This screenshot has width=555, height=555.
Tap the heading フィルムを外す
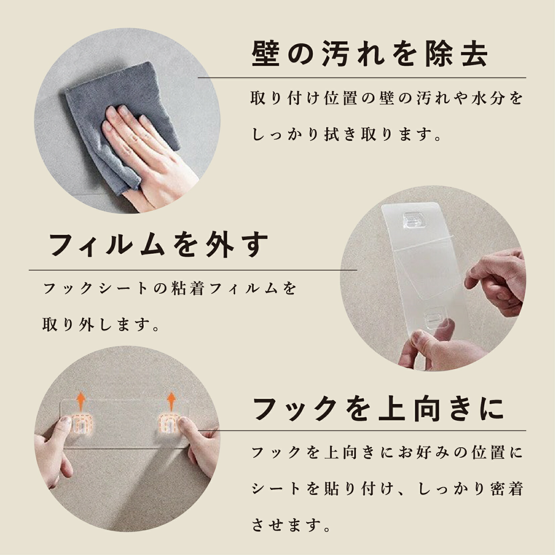pos(159,245)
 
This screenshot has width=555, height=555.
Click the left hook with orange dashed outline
pos(80,424)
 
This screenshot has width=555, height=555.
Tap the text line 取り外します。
pos(100,325)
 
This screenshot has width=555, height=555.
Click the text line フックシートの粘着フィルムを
pos(170,288)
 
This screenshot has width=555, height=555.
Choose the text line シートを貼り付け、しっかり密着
pos(388,489)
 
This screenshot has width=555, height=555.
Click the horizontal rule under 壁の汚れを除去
pos(362,78)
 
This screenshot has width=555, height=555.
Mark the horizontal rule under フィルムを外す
pos(193,270)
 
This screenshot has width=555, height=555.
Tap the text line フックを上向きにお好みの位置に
pos(388,453)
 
